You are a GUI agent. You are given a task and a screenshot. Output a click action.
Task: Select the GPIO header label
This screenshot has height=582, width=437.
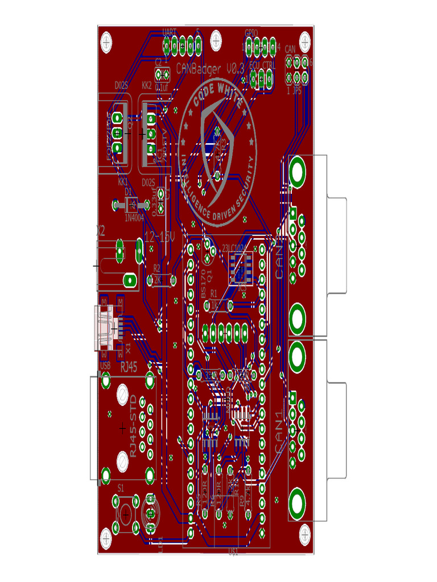[x=251, y=32]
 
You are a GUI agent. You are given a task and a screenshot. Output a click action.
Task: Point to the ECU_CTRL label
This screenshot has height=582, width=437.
[x=262, y=65]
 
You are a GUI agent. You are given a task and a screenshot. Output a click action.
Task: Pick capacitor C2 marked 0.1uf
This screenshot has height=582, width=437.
[x=162, y=74]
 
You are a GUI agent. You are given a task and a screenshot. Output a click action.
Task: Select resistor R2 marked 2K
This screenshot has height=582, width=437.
[x=158, y=280]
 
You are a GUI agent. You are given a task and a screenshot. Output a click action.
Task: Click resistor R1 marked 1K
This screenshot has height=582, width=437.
[x=216, y=306]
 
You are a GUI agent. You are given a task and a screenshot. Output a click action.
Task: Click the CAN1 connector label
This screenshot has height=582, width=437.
[x=280, y=432]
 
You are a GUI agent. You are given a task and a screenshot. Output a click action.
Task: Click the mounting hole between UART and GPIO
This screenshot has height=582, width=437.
[x=217, y=40]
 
